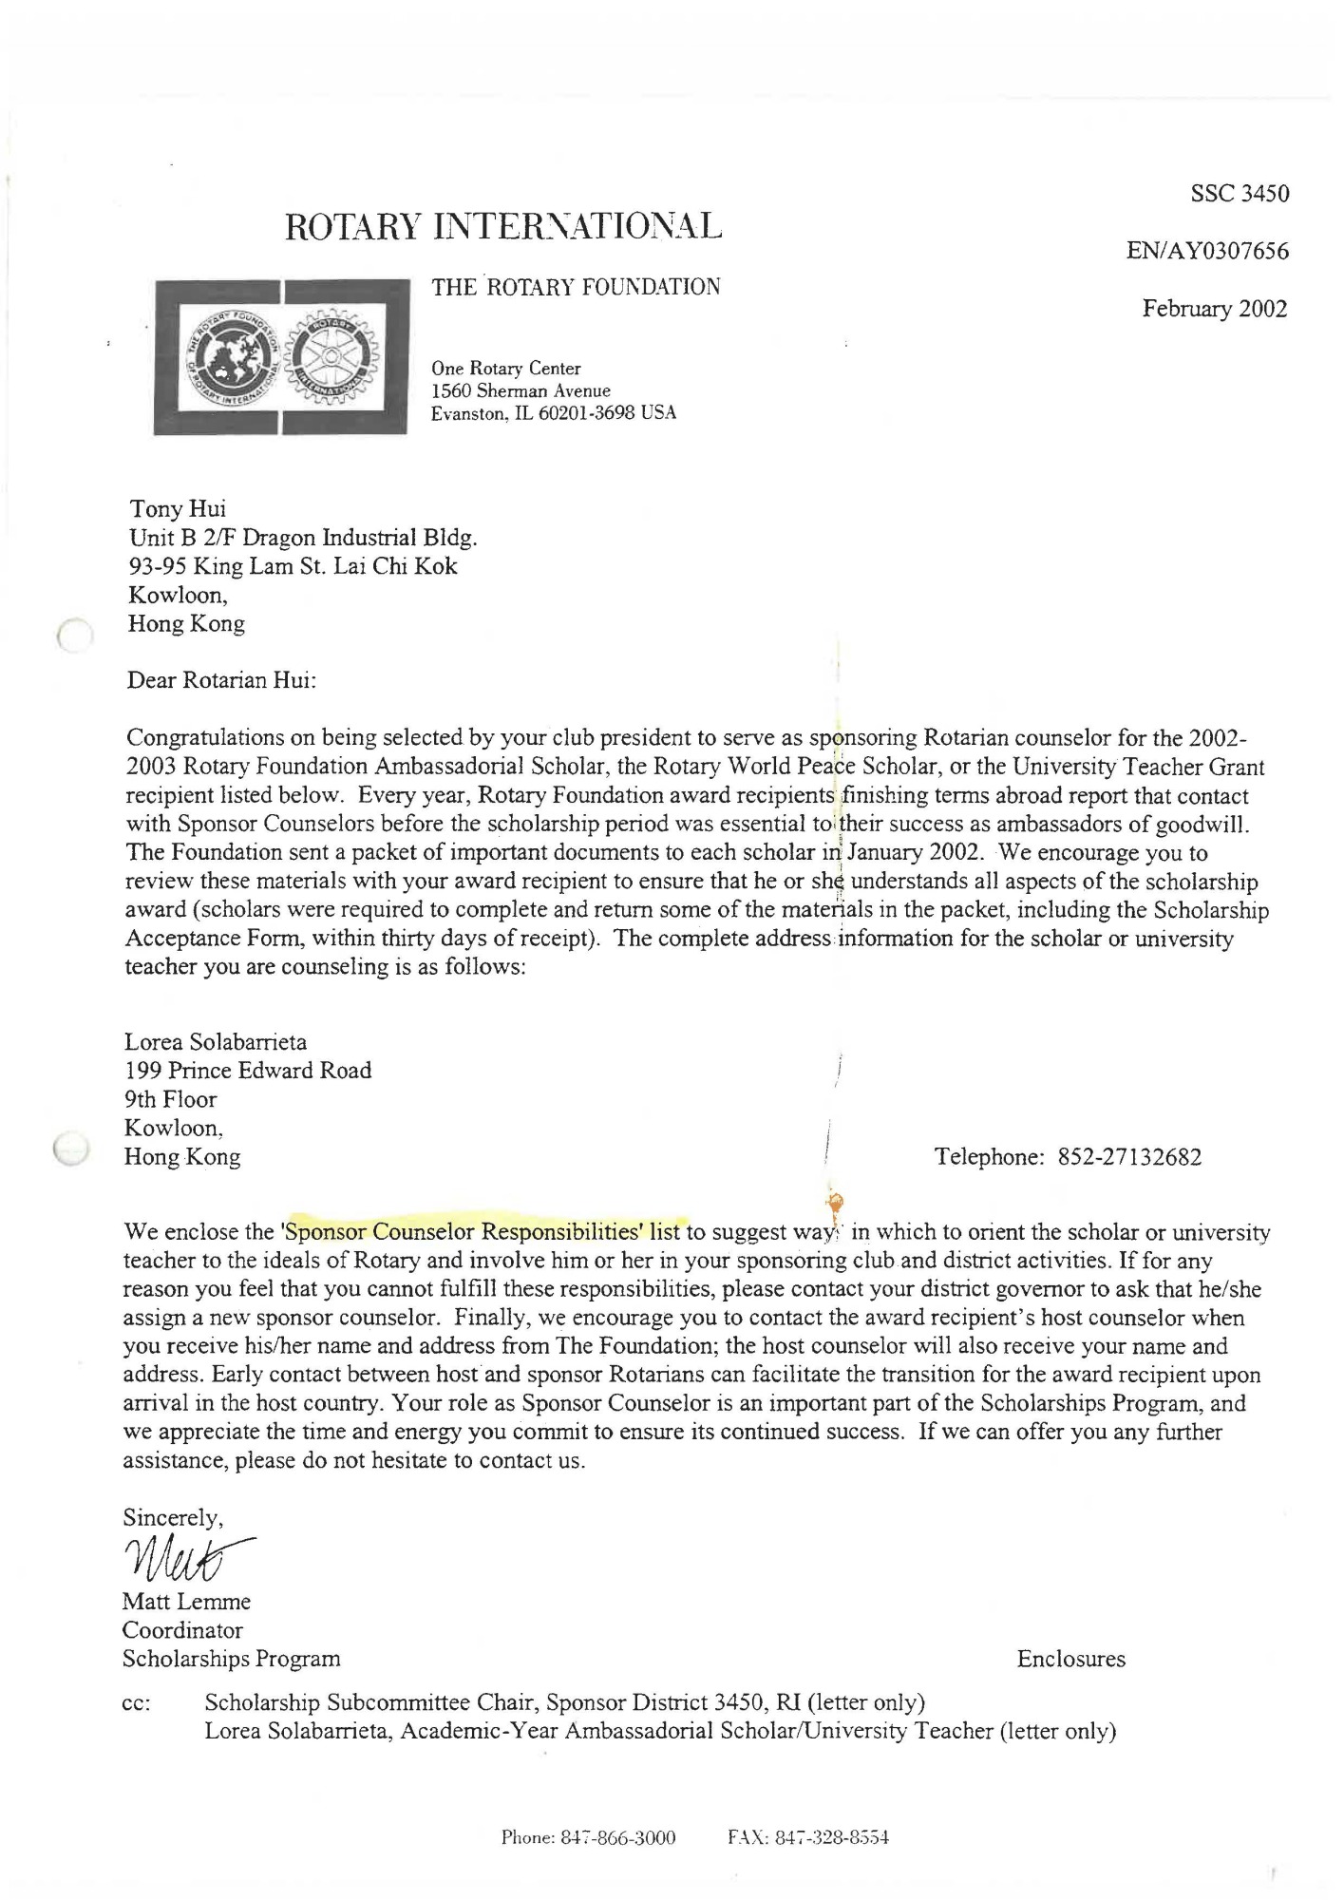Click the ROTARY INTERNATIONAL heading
pos(503,226)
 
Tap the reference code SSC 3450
pos(1239,194)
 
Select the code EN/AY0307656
pos(1206,252)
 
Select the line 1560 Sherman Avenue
pos(521,391)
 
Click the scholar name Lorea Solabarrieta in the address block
pos(216,1042)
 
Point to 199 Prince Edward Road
pos(248,1071)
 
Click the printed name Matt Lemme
pos(186,1602)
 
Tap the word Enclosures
pos(1070,1660)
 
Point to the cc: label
pos(136,1703)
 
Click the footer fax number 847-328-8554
pos(831,1838)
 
